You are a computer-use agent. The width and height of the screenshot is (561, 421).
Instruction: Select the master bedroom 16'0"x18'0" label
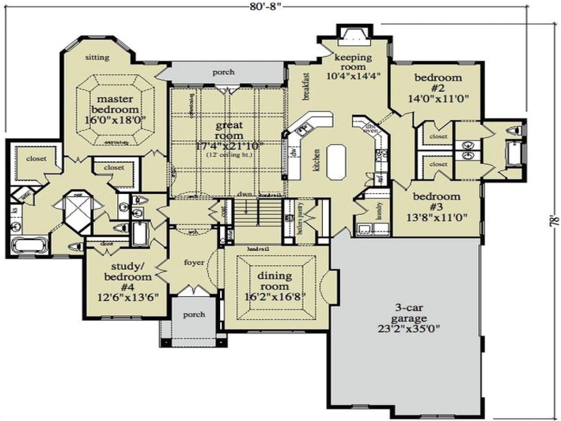[115, 109]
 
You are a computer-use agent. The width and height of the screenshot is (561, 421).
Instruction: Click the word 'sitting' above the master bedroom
[97, 57]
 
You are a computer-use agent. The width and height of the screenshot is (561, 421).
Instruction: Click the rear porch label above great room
[224, 72]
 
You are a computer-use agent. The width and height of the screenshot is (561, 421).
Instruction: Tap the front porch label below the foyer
[194, 314]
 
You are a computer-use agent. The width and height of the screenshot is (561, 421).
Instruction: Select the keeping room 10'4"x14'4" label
[353, 65]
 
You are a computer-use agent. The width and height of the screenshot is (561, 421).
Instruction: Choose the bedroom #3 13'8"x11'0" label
[436, 206]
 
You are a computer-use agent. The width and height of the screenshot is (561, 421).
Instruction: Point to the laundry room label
[378, 211]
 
